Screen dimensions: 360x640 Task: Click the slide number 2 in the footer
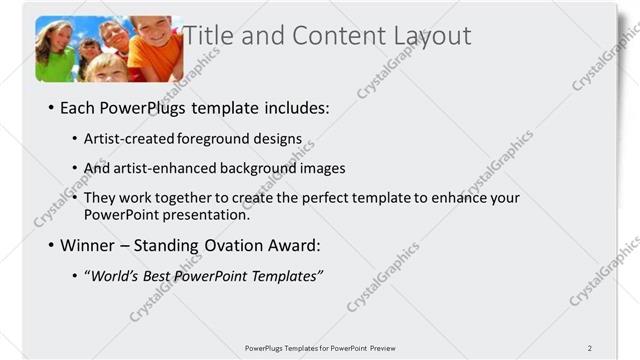click(590, 347)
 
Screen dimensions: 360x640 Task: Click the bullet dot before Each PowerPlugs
click(50, 108)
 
